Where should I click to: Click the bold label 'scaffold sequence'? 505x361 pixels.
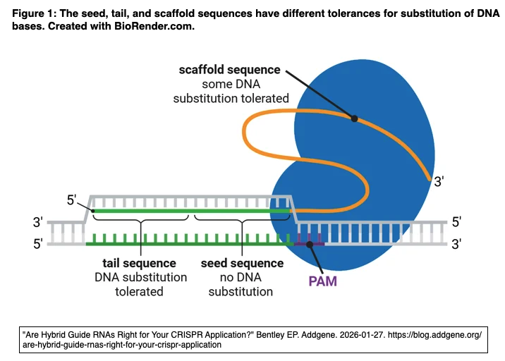pyautogui.click(x=229, y=69)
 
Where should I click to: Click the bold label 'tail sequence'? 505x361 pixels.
pyautogui.click(x=140, y=263)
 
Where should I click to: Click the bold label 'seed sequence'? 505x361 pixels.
pyautogui.click(x=242, y=263)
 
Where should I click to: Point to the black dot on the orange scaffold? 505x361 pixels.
pyautogui.click(x=355, y=118)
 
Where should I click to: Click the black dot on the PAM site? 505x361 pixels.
pyautogui.click(x=310, y=244)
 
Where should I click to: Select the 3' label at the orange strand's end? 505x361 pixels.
pyautogui.click(x=439, y=182)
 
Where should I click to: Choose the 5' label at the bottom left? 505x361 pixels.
pyautogui.click(x=38, y=244)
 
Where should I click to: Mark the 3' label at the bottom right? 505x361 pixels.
pyautogui.click(x=456, y=244)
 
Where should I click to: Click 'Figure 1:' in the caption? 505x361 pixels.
pyautogui.click(x=33, y=13)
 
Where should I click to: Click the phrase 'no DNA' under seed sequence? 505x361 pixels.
pyautogui.click(x=242, y=277)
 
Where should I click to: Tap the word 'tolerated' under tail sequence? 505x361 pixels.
pyautogui.click(x=140, y=291)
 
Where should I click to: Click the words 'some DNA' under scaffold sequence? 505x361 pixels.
pyautogui.click(x=231, y=84)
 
